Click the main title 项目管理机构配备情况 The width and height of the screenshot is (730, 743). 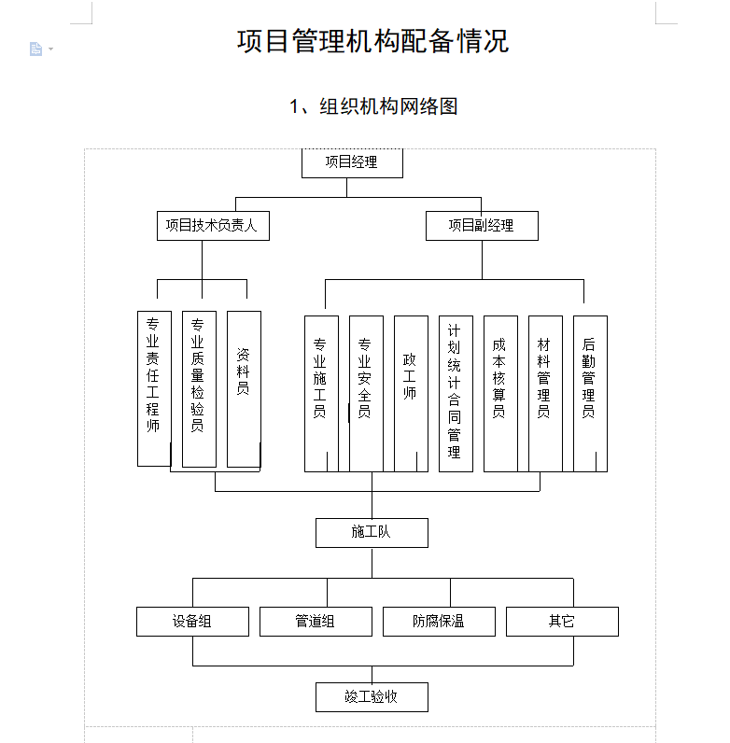[x=372, y=42]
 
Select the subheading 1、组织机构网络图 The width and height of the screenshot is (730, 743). [x=372, y=106]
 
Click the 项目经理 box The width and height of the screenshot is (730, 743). [x=352, y=162]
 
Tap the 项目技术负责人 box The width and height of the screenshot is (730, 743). [x=212, y=225]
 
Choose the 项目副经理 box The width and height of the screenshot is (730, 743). [x=481, y=225]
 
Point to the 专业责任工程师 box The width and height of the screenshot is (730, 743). [x=153, y=388]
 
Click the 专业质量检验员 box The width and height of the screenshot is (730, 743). [x=198, y=388]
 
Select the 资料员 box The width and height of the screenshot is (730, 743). [x=243, y=388]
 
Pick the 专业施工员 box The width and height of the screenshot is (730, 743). [x=320, y=393]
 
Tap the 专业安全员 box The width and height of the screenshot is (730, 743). [x=365, y=393]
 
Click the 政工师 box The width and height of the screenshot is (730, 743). [x=410, y=393]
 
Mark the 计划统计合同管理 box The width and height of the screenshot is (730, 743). [x=455, y=393]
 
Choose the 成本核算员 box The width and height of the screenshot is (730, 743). [x=499, y=393]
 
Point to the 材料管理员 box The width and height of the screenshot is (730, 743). [x=544, y=393]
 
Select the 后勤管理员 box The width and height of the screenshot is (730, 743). [x=589, y=393]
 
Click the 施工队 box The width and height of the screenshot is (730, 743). [x=371, y=532]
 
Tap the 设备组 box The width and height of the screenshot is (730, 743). [x=192, y=621]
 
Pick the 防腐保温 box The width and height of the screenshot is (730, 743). [x=438, y=621]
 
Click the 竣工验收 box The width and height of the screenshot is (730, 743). [x=371, y=696]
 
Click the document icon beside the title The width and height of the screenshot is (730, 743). [x=36, y=49]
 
